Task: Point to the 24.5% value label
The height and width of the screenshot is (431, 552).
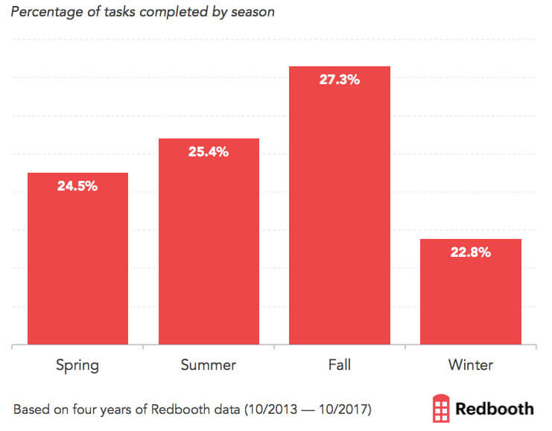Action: coord(77,186)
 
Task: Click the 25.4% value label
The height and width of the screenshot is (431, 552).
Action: coord(209,152)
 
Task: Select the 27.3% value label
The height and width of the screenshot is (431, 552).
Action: coord(340,80)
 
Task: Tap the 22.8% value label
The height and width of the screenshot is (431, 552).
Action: coord(471,252)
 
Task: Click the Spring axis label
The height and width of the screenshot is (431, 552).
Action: coord(77,365)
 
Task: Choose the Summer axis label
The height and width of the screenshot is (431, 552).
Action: coord(209,365)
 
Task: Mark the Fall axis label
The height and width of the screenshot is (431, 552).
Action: coord(340,365)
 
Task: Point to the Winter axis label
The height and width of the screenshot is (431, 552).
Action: coord(471,365)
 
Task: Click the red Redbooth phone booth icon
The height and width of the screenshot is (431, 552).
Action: coord(441,409)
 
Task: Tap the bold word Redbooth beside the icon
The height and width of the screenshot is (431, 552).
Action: coord(495,409)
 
